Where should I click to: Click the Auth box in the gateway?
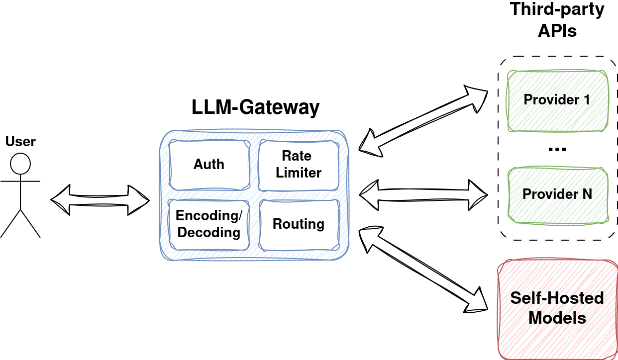tap(209, 165)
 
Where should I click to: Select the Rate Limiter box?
tap(299, 165)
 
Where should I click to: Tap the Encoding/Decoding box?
tap(209, 225)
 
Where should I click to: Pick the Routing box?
tap(299, 225)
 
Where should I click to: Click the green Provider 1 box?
tap(557, 101)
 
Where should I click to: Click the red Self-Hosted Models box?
tap(557, 309)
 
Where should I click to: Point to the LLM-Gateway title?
tap(255, 107)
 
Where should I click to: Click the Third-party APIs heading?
tap(557, 20)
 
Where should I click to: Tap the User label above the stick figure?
tap(20, 141)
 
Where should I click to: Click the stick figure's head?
tap(20, 164)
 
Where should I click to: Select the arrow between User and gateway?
tap(100, 200)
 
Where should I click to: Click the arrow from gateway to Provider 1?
tap(423, 121)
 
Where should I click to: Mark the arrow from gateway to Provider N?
tap(423, 195)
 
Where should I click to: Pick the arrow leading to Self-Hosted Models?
tap(423, 270)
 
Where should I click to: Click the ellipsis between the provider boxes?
tap(557, 149)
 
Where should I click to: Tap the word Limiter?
tap(299, 173)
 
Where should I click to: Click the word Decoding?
tap(209, 233)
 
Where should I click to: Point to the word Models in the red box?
tap(557, 318)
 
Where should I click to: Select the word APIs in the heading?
tap(557, 31)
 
